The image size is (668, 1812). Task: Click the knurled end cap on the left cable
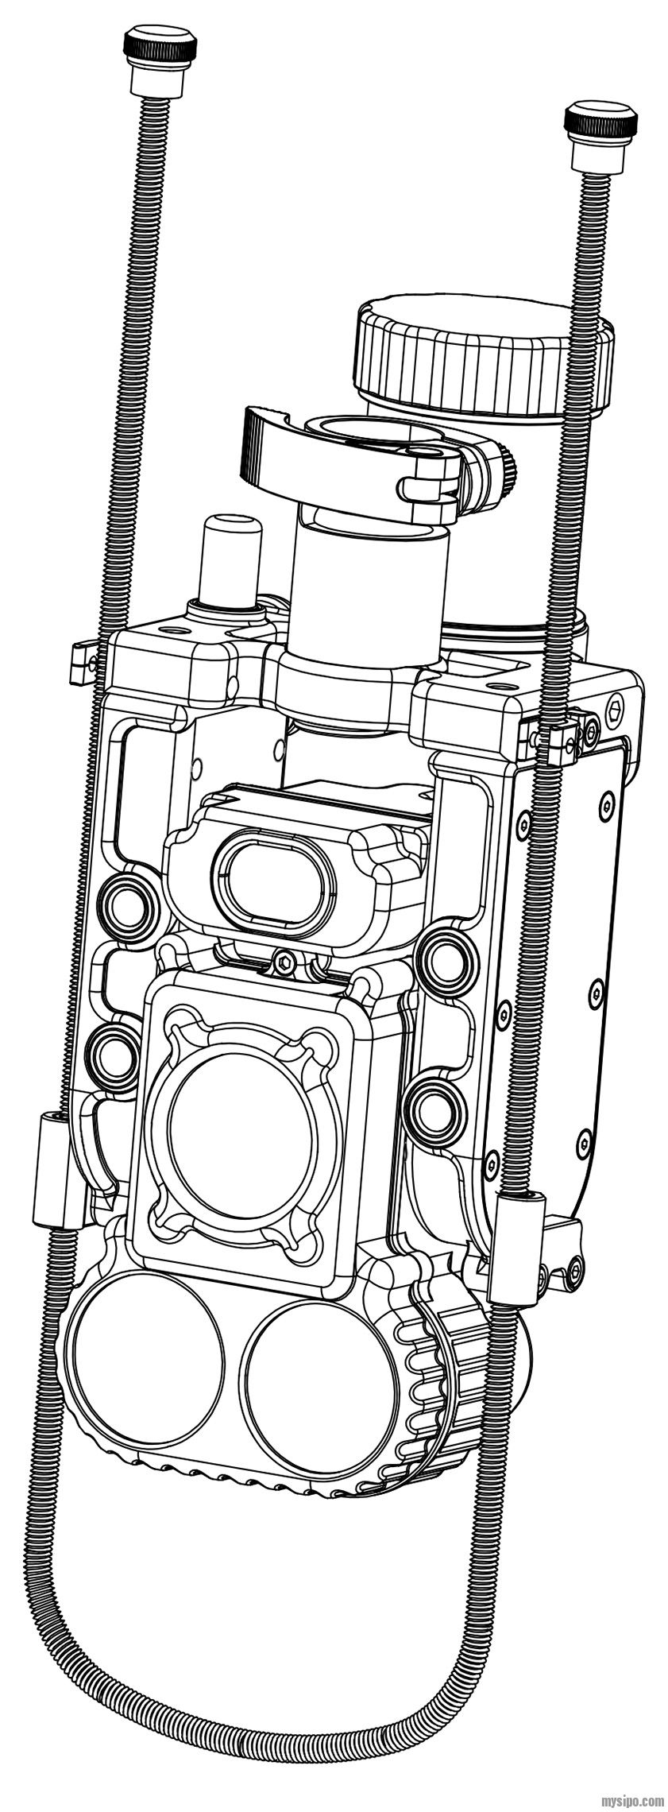pyautogui.click(x=159, y=49)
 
